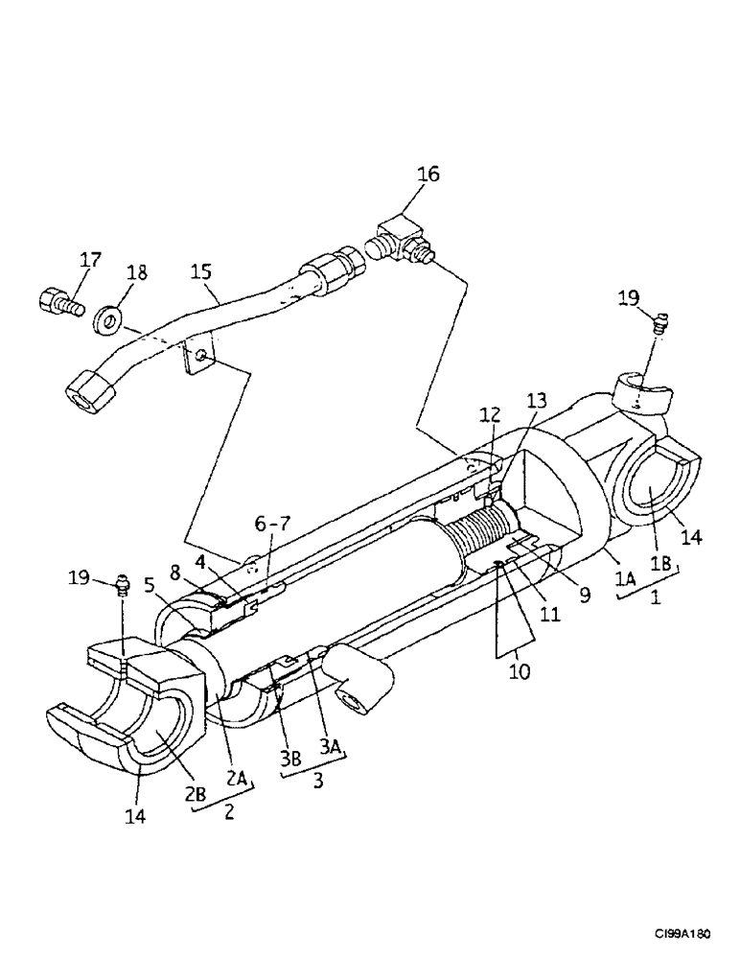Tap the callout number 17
tap(89, 259)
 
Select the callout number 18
tap(137, 272)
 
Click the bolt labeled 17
tap(58, 302)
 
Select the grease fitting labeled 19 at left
tap(121, 584)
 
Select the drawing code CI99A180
tap(689, 932)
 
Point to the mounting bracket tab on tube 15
tap(197, 361)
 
